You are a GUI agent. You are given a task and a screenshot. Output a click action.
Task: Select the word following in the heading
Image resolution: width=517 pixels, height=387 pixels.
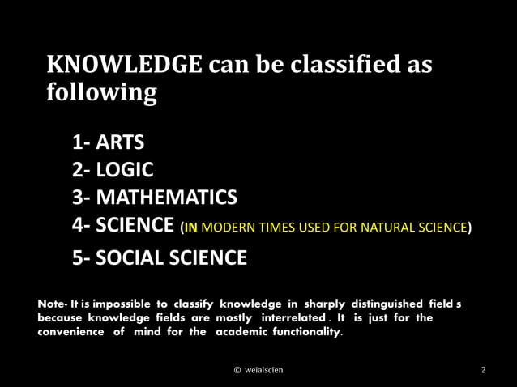tap(101, 94)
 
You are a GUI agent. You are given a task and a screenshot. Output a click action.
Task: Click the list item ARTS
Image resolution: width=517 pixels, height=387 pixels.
tap(120, 143)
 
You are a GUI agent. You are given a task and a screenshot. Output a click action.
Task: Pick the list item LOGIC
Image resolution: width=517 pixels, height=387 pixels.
tap(124, 170)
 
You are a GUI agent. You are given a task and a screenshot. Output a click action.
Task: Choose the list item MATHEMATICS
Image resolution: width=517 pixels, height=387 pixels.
tap(166, 198)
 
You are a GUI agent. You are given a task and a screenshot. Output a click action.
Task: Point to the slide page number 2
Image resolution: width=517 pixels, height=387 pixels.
tap(484, 370)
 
